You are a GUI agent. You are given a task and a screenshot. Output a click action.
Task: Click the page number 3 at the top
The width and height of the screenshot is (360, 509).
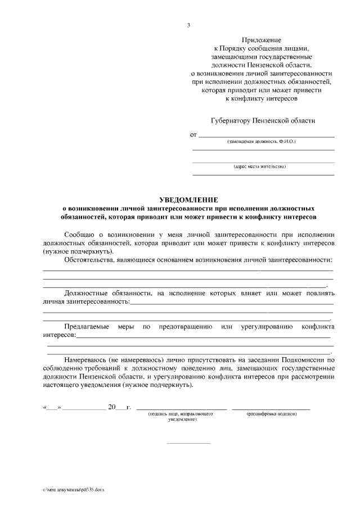tap(188, 25)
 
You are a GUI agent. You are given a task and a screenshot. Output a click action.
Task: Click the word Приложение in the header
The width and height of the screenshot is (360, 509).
tap(261, 40)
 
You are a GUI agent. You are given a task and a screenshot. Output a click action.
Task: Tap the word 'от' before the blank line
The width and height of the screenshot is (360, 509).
tap(193, 135)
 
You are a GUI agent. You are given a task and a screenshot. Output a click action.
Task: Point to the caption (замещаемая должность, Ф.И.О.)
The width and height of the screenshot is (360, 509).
tap(261, 142)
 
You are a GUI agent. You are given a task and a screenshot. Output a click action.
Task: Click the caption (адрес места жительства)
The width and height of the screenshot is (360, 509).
tap(260, 166)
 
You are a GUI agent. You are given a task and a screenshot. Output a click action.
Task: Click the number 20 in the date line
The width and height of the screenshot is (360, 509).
tap(111, 407)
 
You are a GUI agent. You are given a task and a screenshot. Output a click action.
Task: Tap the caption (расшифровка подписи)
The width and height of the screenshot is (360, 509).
tap(272, 414)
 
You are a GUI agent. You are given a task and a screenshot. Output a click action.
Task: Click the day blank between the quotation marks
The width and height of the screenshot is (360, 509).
tap(52, 407)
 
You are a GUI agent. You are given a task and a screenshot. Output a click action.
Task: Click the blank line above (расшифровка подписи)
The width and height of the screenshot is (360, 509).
tap(271, 408)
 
